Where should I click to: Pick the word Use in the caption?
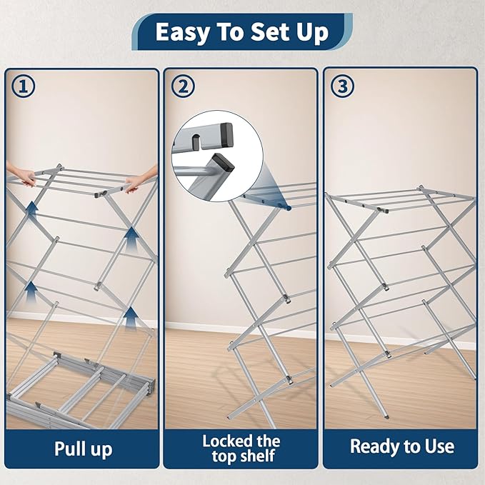pos(437,447)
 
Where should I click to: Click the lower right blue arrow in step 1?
pos(129,316)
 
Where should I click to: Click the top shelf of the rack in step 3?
pos(400,199)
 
